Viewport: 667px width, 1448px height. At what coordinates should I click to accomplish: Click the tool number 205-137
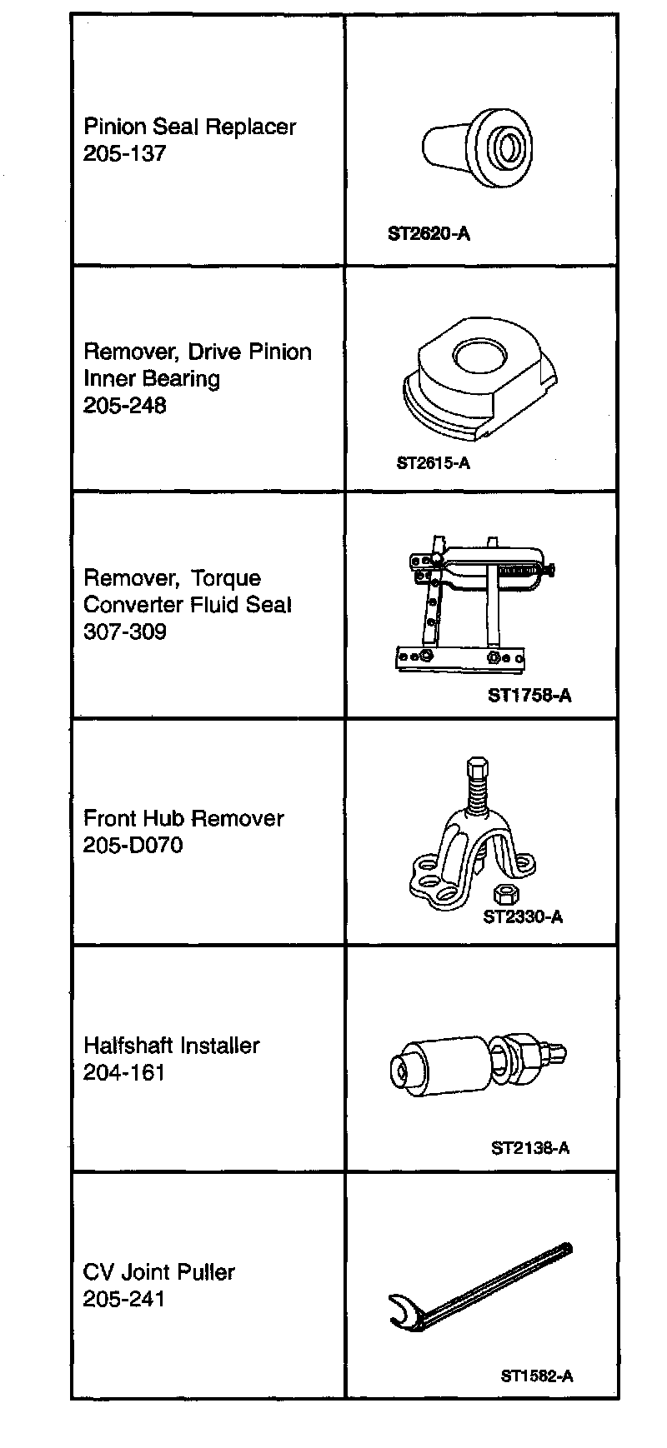(x=125, y=154)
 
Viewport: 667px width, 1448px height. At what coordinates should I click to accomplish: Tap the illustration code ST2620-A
(x=429, y=234)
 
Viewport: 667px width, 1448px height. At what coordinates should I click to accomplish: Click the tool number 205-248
(x=125, y=406)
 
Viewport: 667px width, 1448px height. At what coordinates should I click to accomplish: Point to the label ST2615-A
(x=433, y=463)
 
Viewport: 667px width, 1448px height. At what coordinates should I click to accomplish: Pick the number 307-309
(x=125, y=632)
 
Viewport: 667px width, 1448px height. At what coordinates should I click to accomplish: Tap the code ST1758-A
(x=529, y=695)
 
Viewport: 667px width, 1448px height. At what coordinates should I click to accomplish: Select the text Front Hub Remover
(x=183, y=818)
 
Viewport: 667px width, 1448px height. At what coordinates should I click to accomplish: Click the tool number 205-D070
(x=133, y=846)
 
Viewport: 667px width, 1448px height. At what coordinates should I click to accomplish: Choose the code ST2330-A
(x=523, y=917)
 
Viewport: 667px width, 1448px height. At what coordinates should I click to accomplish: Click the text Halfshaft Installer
(x=172, y=1046)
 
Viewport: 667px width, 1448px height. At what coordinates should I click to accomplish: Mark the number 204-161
(x=125, y=1073)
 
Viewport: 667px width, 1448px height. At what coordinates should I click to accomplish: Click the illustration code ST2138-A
(x=530, y=1148)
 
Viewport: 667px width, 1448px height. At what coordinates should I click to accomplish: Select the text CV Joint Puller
(x=159, y=1272)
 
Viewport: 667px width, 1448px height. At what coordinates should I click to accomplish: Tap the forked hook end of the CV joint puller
(x=404, y=1311)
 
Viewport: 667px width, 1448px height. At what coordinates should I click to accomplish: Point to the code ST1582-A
(x=536, y=1376)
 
